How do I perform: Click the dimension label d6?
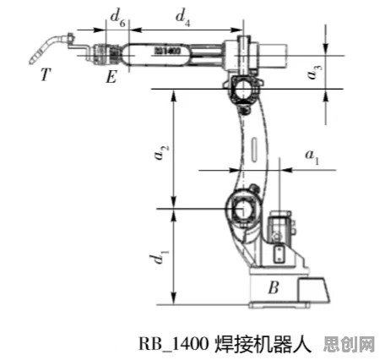coord(117,19)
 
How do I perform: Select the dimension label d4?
coord(183,18)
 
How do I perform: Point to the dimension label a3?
coord(314,72)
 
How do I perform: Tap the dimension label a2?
coord(162,152)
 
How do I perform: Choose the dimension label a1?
coord(312,156)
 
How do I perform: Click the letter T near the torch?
coord(46,74)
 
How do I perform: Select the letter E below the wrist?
coord(111,77)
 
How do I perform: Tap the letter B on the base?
coord(274,287)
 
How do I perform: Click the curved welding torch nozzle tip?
coord(31,62)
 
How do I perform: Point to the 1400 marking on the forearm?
coord(168,51)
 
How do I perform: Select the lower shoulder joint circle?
coord(242,210)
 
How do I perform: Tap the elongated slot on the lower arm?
coord(254,150)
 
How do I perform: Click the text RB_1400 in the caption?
coord(174,344)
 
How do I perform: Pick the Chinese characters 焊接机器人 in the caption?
coord(263,344)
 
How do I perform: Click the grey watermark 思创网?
coord(350,344)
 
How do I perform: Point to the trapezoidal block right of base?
coord(312,291)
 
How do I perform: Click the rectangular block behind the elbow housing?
coord(273,56)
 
